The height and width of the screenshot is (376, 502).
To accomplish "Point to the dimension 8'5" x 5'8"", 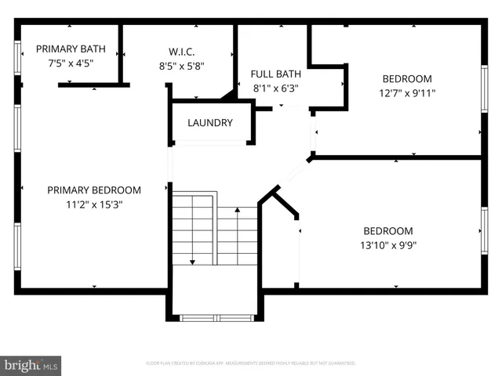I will (181, 67).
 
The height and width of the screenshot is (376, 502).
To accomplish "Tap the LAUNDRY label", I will (210, 123).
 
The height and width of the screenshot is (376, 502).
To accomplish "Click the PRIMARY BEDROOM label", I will (94, 190).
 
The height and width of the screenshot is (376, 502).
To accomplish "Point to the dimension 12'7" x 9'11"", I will (407, 92).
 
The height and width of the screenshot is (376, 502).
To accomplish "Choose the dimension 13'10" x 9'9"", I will (387, 244).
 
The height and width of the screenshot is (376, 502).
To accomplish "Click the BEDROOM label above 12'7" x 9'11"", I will (407, 79).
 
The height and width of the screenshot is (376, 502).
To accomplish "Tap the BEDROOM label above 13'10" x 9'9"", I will (387, 231).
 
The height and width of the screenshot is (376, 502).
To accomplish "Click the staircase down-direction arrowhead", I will (192, 262).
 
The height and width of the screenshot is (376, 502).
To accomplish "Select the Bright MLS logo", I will (31, 366).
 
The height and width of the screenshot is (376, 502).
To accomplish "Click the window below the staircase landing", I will (216, 318).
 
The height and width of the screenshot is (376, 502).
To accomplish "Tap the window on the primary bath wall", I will (17, 57).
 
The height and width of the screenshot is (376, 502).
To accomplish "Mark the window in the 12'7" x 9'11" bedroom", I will (484, 90).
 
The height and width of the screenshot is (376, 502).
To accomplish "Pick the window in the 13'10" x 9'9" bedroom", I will (484, 232).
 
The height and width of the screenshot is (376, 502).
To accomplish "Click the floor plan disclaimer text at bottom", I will (251, 363).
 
